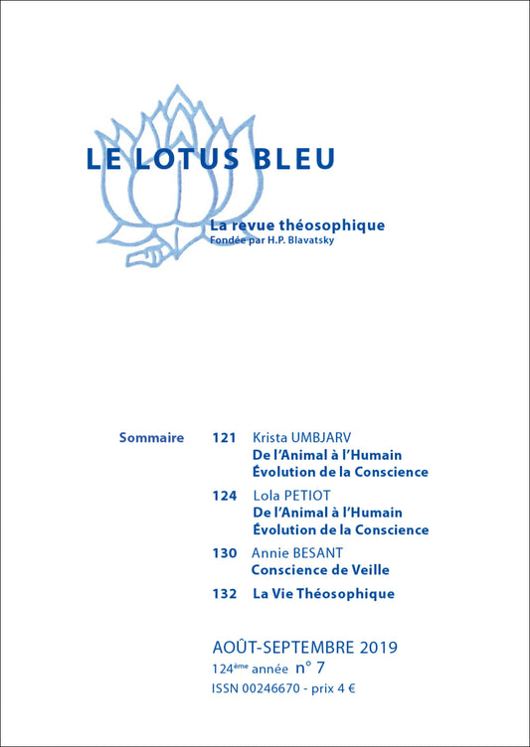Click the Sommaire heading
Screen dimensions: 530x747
tap(151, 437)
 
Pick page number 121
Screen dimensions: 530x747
tap(225, 437)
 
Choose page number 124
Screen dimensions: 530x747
tap(225, 495)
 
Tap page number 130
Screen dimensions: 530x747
tap(225, 552)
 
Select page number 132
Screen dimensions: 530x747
tap(225, 594)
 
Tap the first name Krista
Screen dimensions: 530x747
tap(272, 437)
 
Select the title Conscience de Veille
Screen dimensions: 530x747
tap(320, 570)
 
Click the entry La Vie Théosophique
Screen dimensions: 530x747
tap(323, 594)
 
